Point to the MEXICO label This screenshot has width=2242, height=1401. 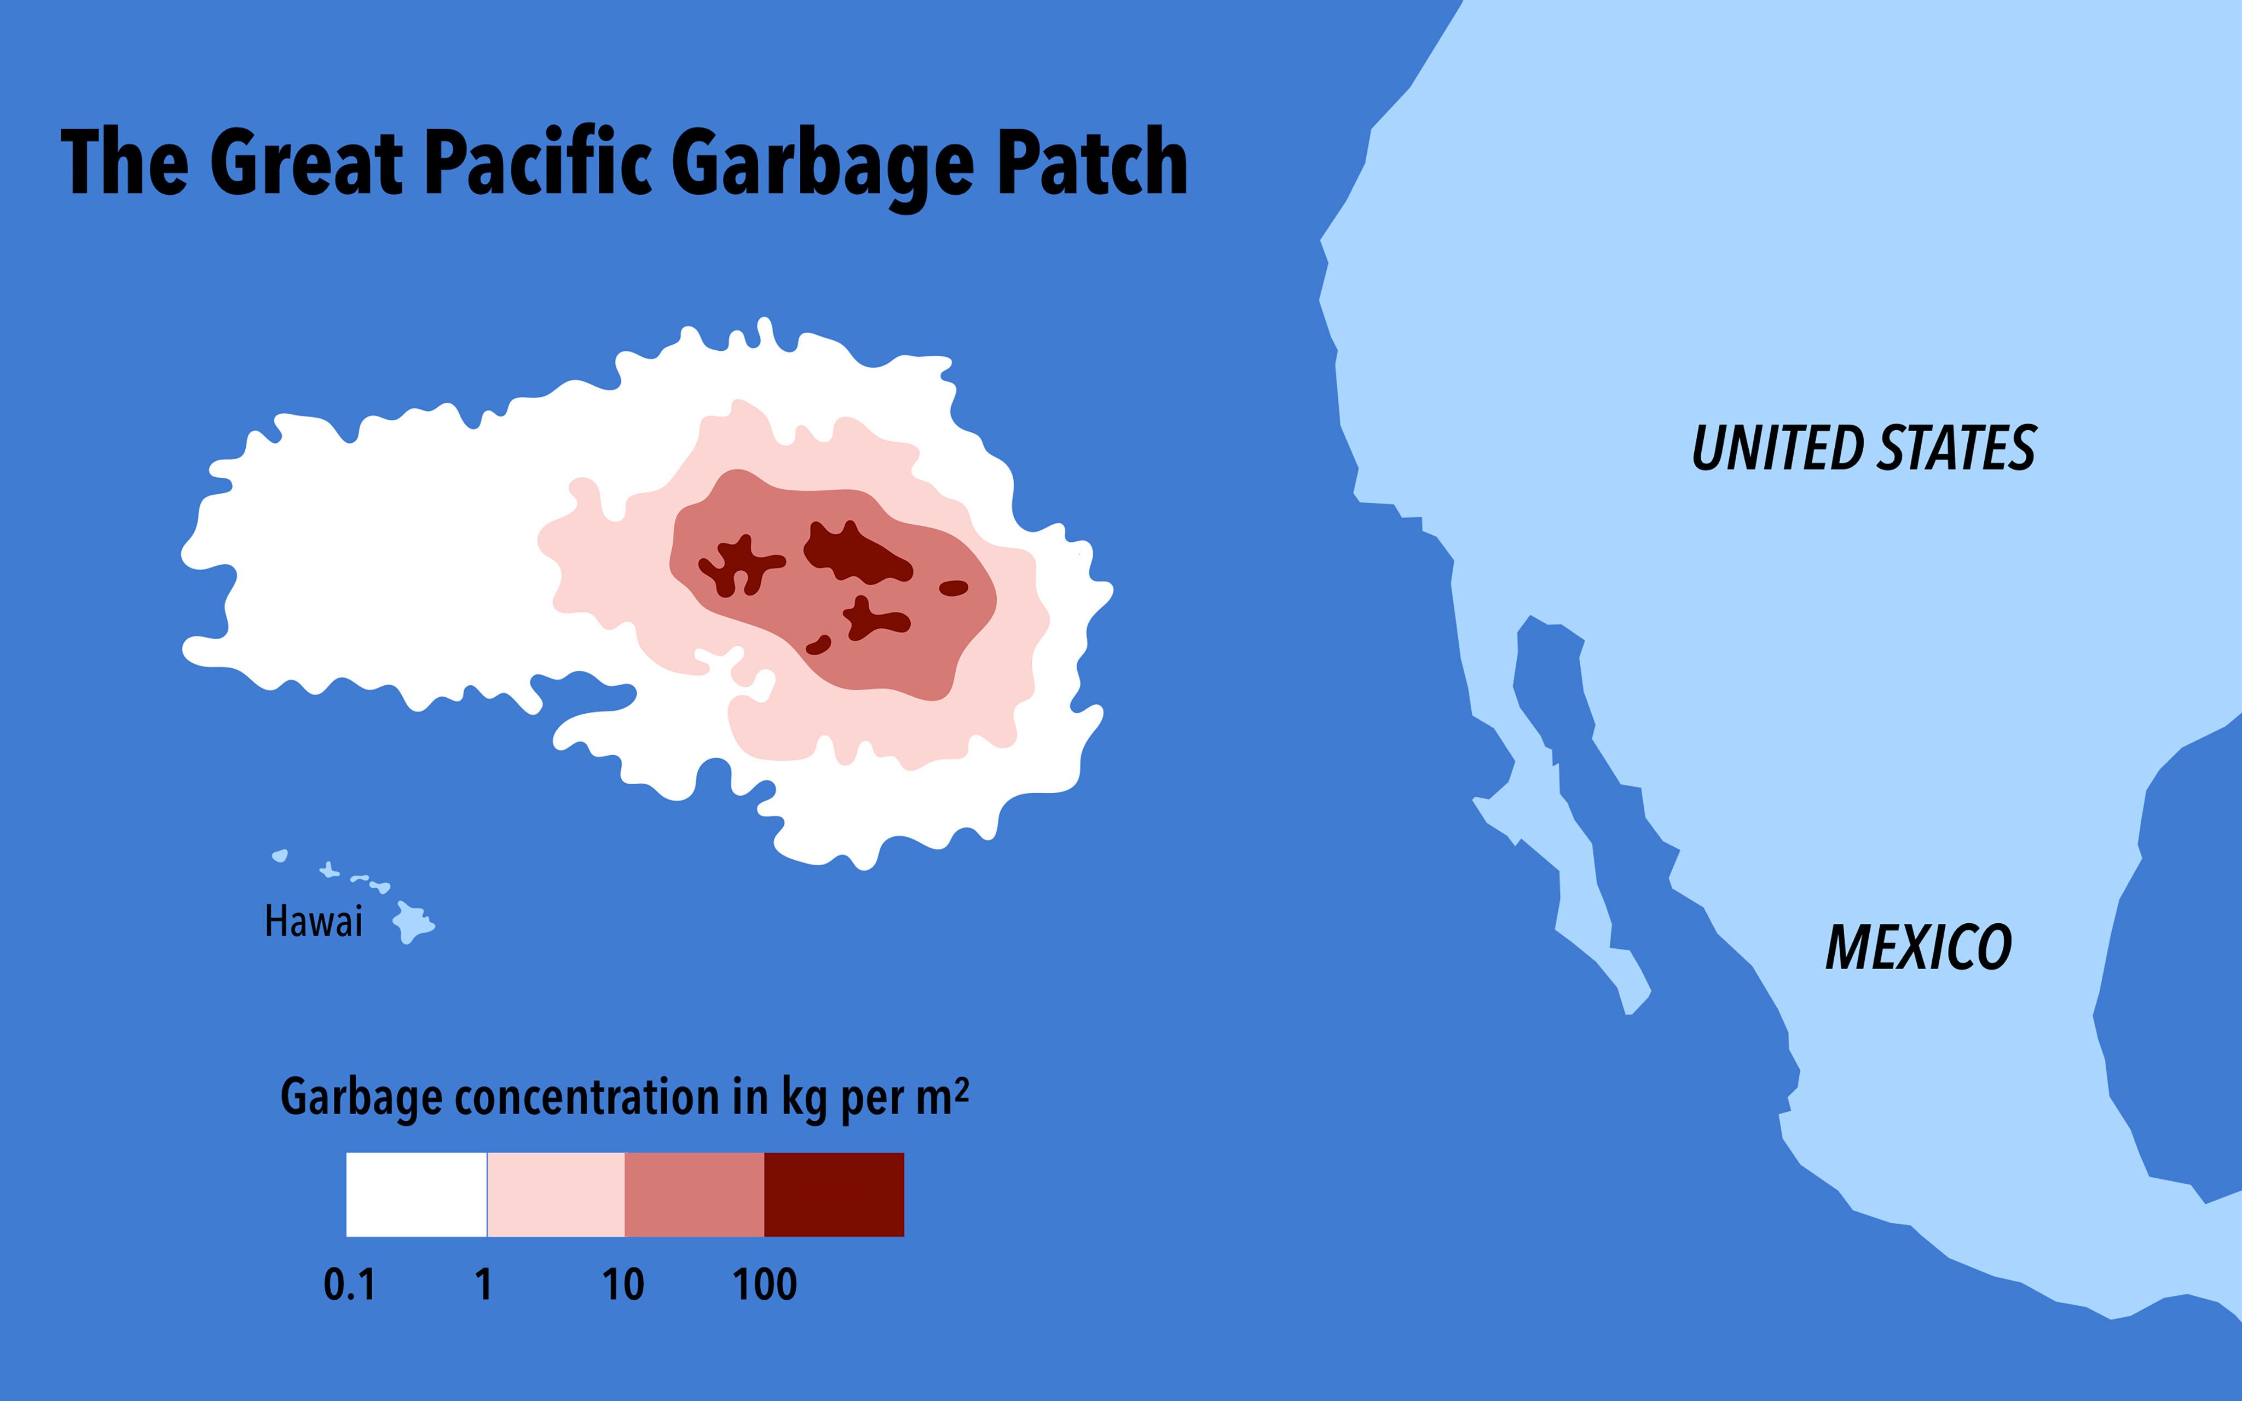(1918, 947)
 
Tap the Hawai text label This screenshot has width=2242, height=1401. (313, 922)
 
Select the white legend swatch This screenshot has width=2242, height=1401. (416, 1194)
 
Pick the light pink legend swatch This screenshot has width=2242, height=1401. (556, 1194)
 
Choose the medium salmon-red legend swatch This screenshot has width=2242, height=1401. (695, 1194)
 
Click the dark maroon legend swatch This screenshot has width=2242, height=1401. (834, 1194)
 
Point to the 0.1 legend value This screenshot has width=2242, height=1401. (349, 1285)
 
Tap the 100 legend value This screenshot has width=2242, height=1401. (764, 1285)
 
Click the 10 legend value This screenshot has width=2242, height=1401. (622, 1285)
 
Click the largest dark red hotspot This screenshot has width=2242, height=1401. (852, 554)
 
